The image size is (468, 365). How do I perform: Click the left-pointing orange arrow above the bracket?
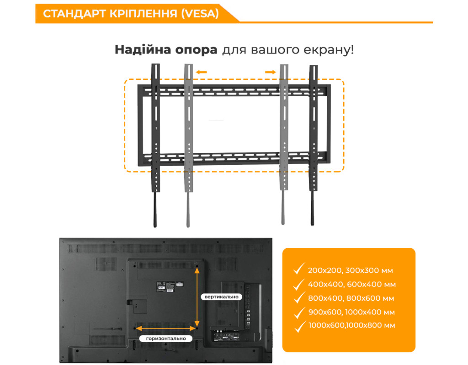tap(202, 72)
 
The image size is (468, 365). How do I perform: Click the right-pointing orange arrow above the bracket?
tap(271, 72)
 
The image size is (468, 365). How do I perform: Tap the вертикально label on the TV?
tap(221, 297)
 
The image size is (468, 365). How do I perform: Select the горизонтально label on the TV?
tap(165, 339)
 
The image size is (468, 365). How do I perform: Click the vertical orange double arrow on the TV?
tap(197, 297)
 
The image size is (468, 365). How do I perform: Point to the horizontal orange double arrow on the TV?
tap(165, 328)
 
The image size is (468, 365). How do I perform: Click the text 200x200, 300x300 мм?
tap(351, 271)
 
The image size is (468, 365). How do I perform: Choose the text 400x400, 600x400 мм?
tap(352, 284)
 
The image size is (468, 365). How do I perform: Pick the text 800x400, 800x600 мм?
tap(351, 298)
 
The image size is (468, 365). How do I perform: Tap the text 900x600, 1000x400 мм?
tap(351, 312)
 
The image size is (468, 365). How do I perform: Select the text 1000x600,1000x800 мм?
tap(351, 325)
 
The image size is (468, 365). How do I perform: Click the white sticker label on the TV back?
tap(166, 287)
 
